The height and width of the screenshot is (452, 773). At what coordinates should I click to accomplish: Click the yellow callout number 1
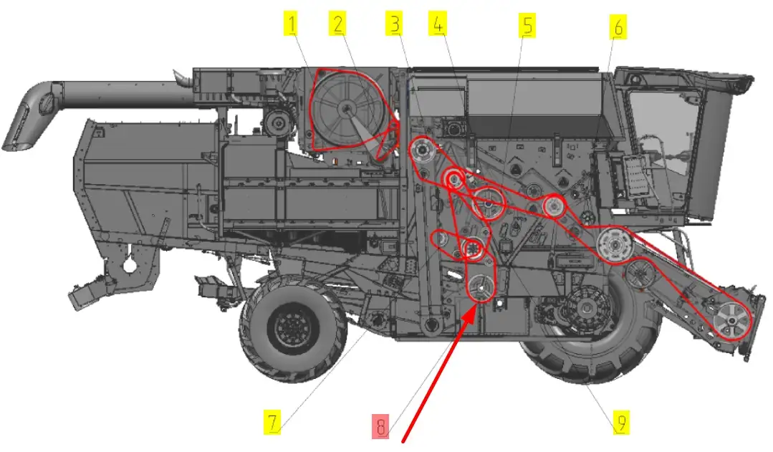[292, 24]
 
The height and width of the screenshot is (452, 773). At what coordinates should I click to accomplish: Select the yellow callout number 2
[337, 24]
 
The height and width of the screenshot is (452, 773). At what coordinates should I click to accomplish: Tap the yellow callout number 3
[395, 24]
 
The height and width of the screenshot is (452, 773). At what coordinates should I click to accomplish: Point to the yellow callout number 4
[438, 24]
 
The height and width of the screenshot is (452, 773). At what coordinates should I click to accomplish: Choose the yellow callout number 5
[527, 26]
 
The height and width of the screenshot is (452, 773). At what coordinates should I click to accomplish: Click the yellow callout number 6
[618, 27]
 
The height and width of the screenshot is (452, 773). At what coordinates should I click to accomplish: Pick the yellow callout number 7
[272, 423]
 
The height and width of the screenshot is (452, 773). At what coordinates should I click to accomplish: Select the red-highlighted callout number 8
[380, 426]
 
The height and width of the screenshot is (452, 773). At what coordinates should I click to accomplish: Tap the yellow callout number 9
[622, 423]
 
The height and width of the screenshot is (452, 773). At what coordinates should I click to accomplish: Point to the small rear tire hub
[292, 327]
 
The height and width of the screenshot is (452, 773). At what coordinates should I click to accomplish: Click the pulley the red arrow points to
[481, 288]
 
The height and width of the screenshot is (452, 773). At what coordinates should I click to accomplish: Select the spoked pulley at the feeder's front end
[731, 321]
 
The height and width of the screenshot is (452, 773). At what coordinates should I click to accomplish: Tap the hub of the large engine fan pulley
[347, 108]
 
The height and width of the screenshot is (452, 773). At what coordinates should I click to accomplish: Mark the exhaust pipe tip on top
[178, 76]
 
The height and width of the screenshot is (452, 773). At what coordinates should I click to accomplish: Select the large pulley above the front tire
[614, 245]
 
